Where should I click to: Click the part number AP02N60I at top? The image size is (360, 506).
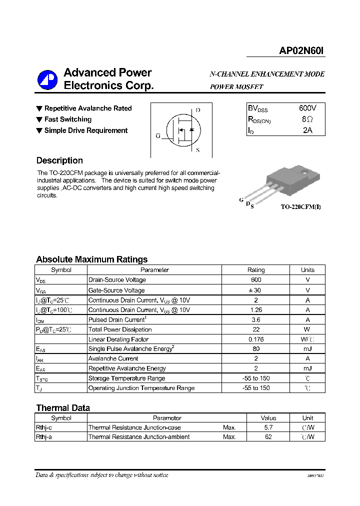click(301, 50)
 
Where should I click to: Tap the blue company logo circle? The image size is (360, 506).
click(47, 79)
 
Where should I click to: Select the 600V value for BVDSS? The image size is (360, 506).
click(307, 108)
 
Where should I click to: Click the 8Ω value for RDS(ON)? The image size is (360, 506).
click(307, 119)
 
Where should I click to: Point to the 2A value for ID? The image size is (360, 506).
click(307, 130)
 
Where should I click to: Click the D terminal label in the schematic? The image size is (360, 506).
click(198, 110)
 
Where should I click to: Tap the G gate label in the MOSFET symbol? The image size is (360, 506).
click(157, 135)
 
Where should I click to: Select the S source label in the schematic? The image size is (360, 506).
click(197, 150)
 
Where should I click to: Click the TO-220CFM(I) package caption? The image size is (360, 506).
click(300, 206)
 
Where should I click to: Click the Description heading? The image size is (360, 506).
click(59, 160)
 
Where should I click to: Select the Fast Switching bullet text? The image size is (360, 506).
click(68, 119)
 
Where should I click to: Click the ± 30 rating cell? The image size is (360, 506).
click(256, 290)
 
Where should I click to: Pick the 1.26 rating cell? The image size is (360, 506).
click(256, 310)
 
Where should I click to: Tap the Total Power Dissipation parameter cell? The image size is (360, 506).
click(120, 329)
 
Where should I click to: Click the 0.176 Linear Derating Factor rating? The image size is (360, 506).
click(256, 339)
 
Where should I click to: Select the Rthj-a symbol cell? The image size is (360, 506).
click(45, 437)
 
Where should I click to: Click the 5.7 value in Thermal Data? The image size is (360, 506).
click(268, 427)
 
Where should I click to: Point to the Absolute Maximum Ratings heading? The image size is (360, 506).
click(91, 259)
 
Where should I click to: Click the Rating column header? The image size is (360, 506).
click(256, 270)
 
